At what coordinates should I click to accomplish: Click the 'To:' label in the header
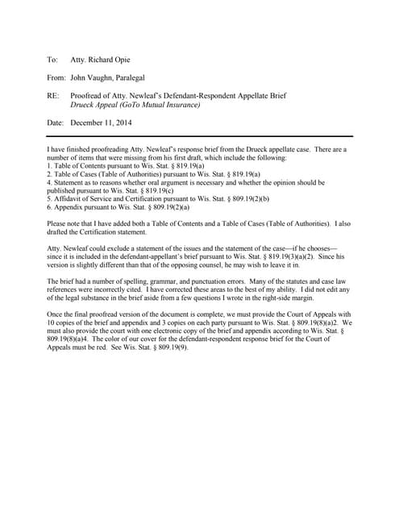52,60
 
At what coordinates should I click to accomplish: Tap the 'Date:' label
55,123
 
